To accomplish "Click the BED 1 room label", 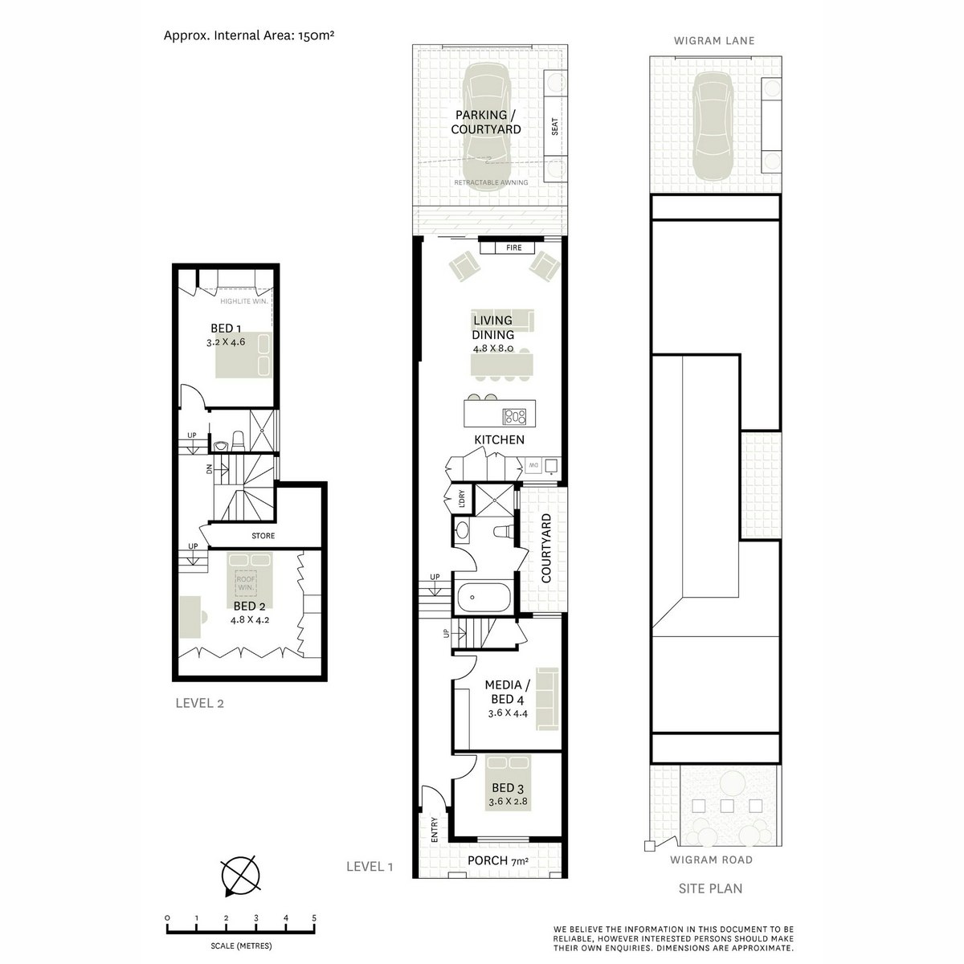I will tap(227, 328).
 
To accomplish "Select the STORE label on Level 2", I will tap(263, 536).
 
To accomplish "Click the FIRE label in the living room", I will tap(513, 248).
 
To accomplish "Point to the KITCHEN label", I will tap(499, 439).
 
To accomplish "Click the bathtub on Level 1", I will tap(482, 598).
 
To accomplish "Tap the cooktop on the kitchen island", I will tap(514, 416).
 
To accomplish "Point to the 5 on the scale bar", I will tap(314, 917).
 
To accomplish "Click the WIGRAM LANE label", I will tap(714, 41).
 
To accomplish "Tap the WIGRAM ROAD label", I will tap(712, 860).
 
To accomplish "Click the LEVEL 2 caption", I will tap(199, 704).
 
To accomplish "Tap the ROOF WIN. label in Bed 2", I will tap(244, 582).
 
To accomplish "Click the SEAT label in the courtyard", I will tap(554, 127).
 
